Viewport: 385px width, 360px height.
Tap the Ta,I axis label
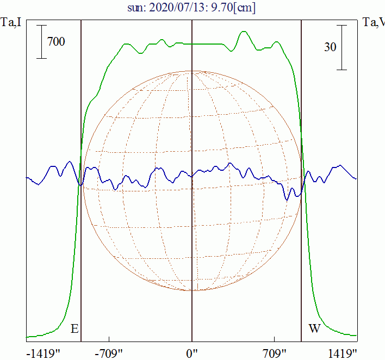[x=11, y=23]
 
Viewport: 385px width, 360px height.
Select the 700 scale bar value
[x=56, y=41]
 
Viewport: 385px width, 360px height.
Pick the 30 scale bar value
[x=330, y=47]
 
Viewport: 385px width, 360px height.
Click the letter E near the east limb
[x=74, y=329]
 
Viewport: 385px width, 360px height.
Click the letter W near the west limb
[x=314, y=329]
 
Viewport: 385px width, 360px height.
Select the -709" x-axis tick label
[x=110, y=353]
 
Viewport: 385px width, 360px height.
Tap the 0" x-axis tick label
[x=192, y=353]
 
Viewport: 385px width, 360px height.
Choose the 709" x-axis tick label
[x=275, y=353]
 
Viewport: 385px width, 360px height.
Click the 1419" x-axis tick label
[x=342, y=353]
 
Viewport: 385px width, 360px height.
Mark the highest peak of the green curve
[x=244, y=32]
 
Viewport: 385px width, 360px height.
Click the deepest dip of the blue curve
[x=287, y=200]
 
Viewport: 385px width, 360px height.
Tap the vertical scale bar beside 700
[x=41, y=41]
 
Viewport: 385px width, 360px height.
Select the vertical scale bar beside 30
[x=342, y=47]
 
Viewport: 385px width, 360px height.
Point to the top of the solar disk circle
[x=192, y=71]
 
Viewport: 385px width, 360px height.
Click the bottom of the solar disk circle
[x=192, y=290]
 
